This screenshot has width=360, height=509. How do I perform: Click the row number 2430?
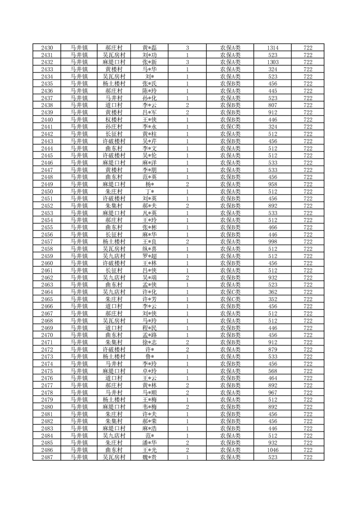47,48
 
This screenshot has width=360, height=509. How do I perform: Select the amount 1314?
272,48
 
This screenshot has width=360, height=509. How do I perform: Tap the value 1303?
272,62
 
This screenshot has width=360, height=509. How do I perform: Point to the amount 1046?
272,450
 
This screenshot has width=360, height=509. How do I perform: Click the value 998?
272,241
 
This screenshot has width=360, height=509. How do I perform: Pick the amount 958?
272,184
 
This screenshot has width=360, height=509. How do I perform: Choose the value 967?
272,392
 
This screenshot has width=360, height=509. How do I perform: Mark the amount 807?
272,105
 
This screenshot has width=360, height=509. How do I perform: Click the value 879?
272,349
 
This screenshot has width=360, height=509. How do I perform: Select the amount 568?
272,371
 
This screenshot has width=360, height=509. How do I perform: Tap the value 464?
272,378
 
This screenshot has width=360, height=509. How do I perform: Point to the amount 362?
272,292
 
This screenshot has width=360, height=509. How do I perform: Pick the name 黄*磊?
149,48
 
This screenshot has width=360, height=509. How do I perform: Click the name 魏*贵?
149,457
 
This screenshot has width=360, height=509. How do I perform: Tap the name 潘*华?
149,442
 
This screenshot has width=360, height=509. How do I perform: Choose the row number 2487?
47,457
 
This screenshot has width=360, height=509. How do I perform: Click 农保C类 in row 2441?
230,127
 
